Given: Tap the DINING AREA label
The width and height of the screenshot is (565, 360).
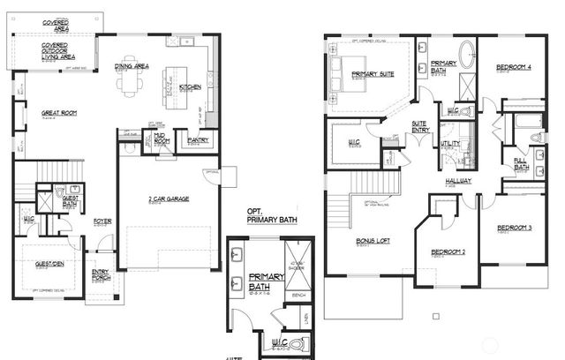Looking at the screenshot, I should [132, 66].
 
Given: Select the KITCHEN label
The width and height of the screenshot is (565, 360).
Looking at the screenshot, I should [190, 86].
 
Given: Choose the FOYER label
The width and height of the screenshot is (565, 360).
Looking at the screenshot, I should [102, 221].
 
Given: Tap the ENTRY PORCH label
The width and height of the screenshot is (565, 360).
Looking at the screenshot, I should [101, 275].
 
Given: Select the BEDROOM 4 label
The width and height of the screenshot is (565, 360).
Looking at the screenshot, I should [513, 67].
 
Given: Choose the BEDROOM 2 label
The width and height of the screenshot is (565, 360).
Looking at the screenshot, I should [448, 252].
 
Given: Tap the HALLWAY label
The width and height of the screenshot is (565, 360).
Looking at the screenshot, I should [458, 180].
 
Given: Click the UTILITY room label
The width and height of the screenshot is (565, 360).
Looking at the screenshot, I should [449, 142].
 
